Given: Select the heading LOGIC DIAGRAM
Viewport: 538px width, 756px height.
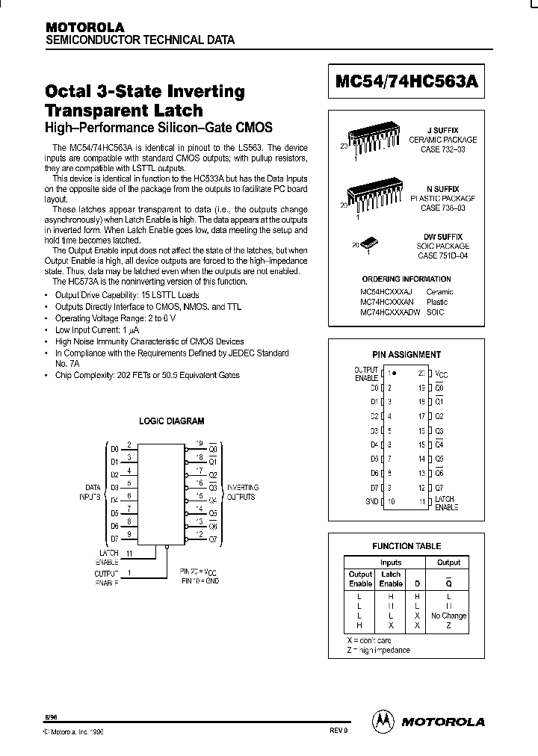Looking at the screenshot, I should [172, 421].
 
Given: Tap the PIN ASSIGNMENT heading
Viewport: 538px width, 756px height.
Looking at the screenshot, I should [406, 355].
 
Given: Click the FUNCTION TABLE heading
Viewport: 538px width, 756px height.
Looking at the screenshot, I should [406, 546].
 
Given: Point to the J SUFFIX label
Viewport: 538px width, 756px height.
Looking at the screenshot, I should [448, 130].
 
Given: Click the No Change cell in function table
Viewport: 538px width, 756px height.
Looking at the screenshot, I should [448, 616].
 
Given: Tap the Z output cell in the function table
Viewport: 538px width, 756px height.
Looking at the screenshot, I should [448, 625].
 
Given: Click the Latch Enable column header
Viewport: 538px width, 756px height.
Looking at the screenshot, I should [391, 579].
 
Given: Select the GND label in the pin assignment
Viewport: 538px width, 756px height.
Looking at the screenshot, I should [371, 501].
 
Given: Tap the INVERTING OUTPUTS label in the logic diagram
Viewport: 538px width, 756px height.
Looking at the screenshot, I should [243, 491].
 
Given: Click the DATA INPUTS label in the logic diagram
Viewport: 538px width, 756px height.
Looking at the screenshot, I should [92, 492].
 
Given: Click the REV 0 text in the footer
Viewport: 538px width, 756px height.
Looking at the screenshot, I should [338, 731].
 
